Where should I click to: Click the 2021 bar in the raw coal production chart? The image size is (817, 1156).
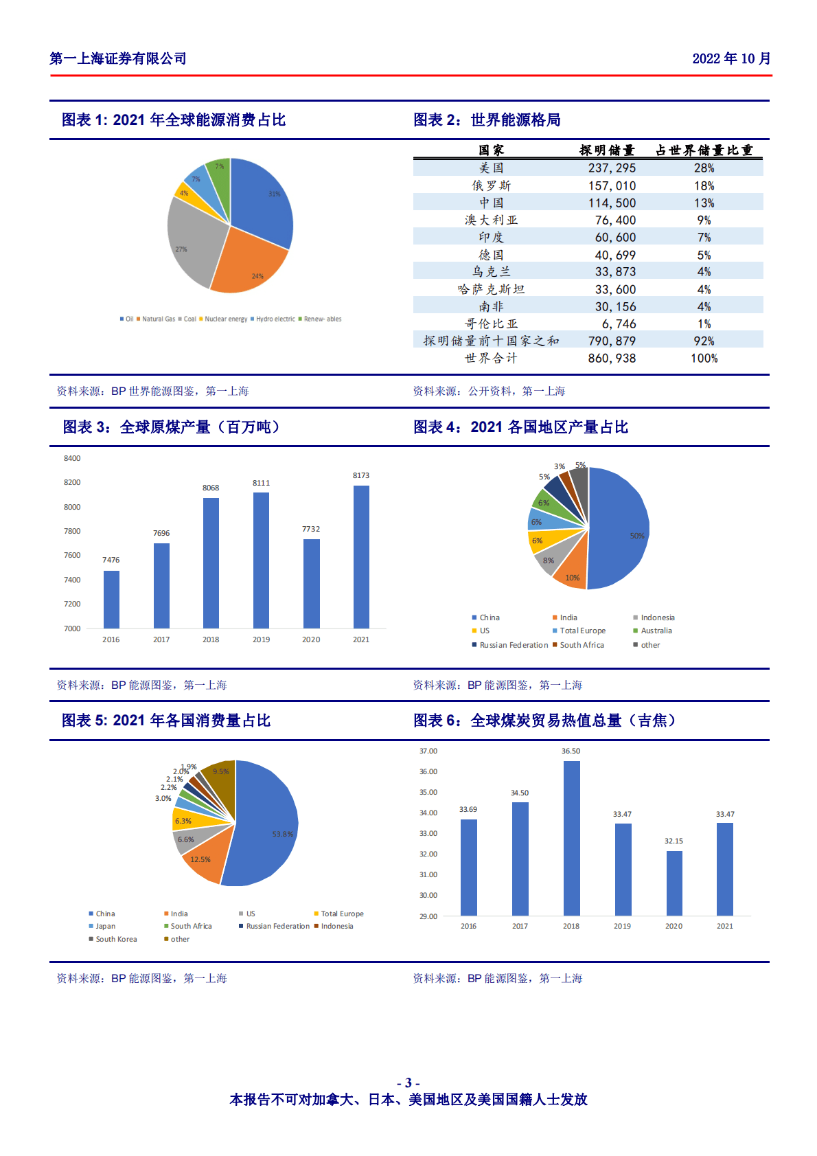tap(361, 557)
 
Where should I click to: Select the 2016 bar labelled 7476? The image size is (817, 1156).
tap(111, 599)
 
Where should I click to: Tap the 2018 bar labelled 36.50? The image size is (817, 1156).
tap(571, 838)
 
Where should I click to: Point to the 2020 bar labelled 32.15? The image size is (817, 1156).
tap(674, 883)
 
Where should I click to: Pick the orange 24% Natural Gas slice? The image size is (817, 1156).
tap(250, 261)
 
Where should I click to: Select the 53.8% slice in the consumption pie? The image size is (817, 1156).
tap(264, 824)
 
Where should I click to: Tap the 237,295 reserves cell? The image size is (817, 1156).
tap(612, 168)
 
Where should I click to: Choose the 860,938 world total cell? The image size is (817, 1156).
tap(612, 359)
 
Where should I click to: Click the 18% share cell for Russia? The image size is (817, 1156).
tap(704, 186)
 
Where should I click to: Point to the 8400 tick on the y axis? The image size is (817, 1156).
tap(72, 458)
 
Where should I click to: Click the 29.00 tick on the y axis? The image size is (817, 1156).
tap(428, 916)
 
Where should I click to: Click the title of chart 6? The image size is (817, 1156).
tap(544, 721)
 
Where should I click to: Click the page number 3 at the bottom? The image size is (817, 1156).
tap(408, 1083)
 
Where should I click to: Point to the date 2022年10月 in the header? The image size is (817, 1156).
tap(731, 59)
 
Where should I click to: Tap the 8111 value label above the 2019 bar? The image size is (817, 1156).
tap(261, 483)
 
